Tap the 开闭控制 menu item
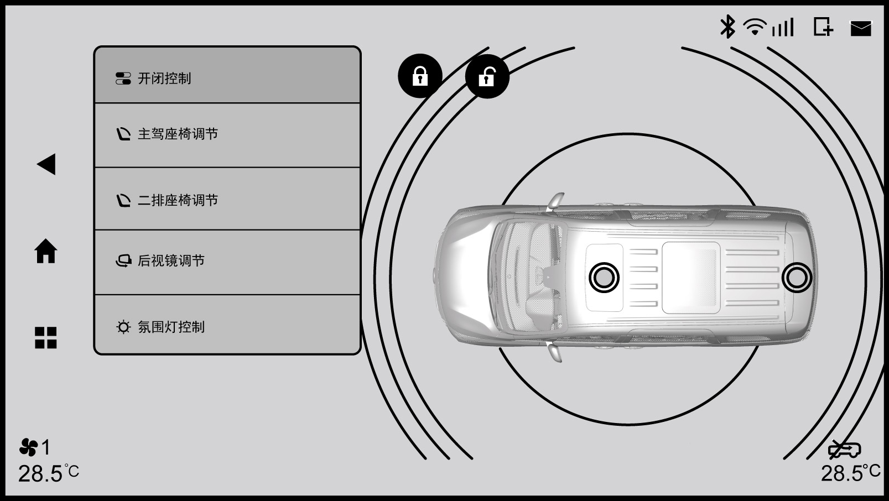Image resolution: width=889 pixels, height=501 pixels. pyautogui.click(x=227, y=75)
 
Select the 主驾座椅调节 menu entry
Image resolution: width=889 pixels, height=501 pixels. pyautogui.click(x=227, y=135)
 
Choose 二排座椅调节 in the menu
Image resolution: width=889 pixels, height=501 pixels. pyautogui.click(x=227, y=199)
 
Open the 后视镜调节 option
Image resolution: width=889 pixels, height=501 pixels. pyautogui.click(x=227, y=262)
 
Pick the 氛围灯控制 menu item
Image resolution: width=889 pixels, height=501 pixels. pyautogui.click(x=227, y=325)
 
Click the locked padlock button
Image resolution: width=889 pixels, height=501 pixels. pyautogui.click(x=420, y=76)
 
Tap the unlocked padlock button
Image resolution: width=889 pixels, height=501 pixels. pyautogui.click(x=487, y=76)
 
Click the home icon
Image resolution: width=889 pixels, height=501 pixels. pyautogui.click(x=46, y=251)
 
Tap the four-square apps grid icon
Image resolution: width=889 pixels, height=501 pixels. pyautogui.click(x=46, y=337)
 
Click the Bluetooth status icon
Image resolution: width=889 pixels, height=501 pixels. pyautogui.click(x=727, y=27)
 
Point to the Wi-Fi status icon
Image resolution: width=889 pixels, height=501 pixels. pyautogui.click(x=755, y=27)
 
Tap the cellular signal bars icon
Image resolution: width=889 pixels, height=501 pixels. pyautogui.click(x=783, y=27)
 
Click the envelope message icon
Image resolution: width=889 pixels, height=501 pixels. pyautogui.click(x=860, y=28)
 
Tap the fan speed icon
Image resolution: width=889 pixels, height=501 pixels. pyautogui.click(x=29, y=447)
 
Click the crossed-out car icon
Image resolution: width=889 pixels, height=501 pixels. pyautogui.click(x=845, y=450)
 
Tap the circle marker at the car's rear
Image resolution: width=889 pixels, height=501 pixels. pyautogui.click(x=797, y=278)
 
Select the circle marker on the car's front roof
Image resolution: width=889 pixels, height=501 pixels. pyautogui.click(x=604, y=278)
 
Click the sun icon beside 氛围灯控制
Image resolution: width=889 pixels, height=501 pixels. pyautogui.click(x=123, y=327)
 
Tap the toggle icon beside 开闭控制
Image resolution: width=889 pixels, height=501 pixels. pyautogui.click(x=123, y=79)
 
